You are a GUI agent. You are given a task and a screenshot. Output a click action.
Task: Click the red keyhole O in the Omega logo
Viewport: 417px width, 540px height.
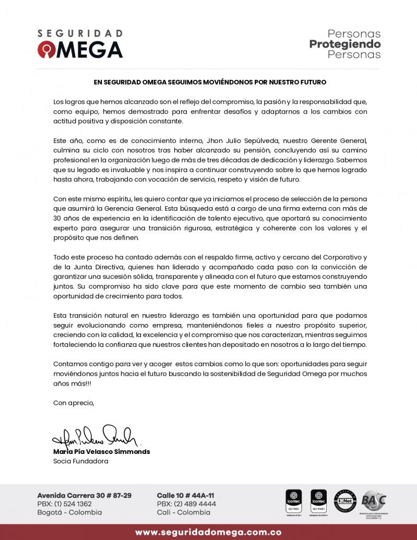[x=45, y=50]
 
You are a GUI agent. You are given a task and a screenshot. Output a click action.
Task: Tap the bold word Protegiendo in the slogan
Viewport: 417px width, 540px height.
[x=345, y=44]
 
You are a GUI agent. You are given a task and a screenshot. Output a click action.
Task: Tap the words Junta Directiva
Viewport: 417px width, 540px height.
[x=94, y=267]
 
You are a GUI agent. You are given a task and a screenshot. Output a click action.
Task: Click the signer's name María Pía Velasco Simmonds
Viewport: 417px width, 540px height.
[x=101, y=451]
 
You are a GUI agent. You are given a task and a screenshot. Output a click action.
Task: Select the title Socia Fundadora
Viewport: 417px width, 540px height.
[x=80, y=461]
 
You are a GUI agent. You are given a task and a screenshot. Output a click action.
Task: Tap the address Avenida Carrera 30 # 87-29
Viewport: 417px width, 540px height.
[x=84, y=495]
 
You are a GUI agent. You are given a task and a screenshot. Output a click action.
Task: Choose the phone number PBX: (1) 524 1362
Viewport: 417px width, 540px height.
[x=64, y=503]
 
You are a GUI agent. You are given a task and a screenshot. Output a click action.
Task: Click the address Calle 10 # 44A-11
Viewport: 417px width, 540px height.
[x=185, y=495]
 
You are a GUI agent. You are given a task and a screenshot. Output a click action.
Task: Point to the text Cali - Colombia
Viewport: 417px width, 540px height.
[x=184, y=512]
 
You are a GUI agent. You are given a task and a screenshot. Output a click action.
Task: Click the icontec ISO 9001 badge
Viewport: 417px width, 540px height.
[x=293, y=500]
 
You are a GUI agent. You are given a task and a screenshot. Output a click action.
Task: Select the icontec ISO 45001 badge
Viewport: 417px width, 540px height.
[x=318, y=500]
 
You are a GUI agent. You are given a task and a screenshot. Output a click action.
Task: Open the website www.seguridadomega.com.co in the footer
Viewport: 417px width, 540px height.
[x=208, y=532]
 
